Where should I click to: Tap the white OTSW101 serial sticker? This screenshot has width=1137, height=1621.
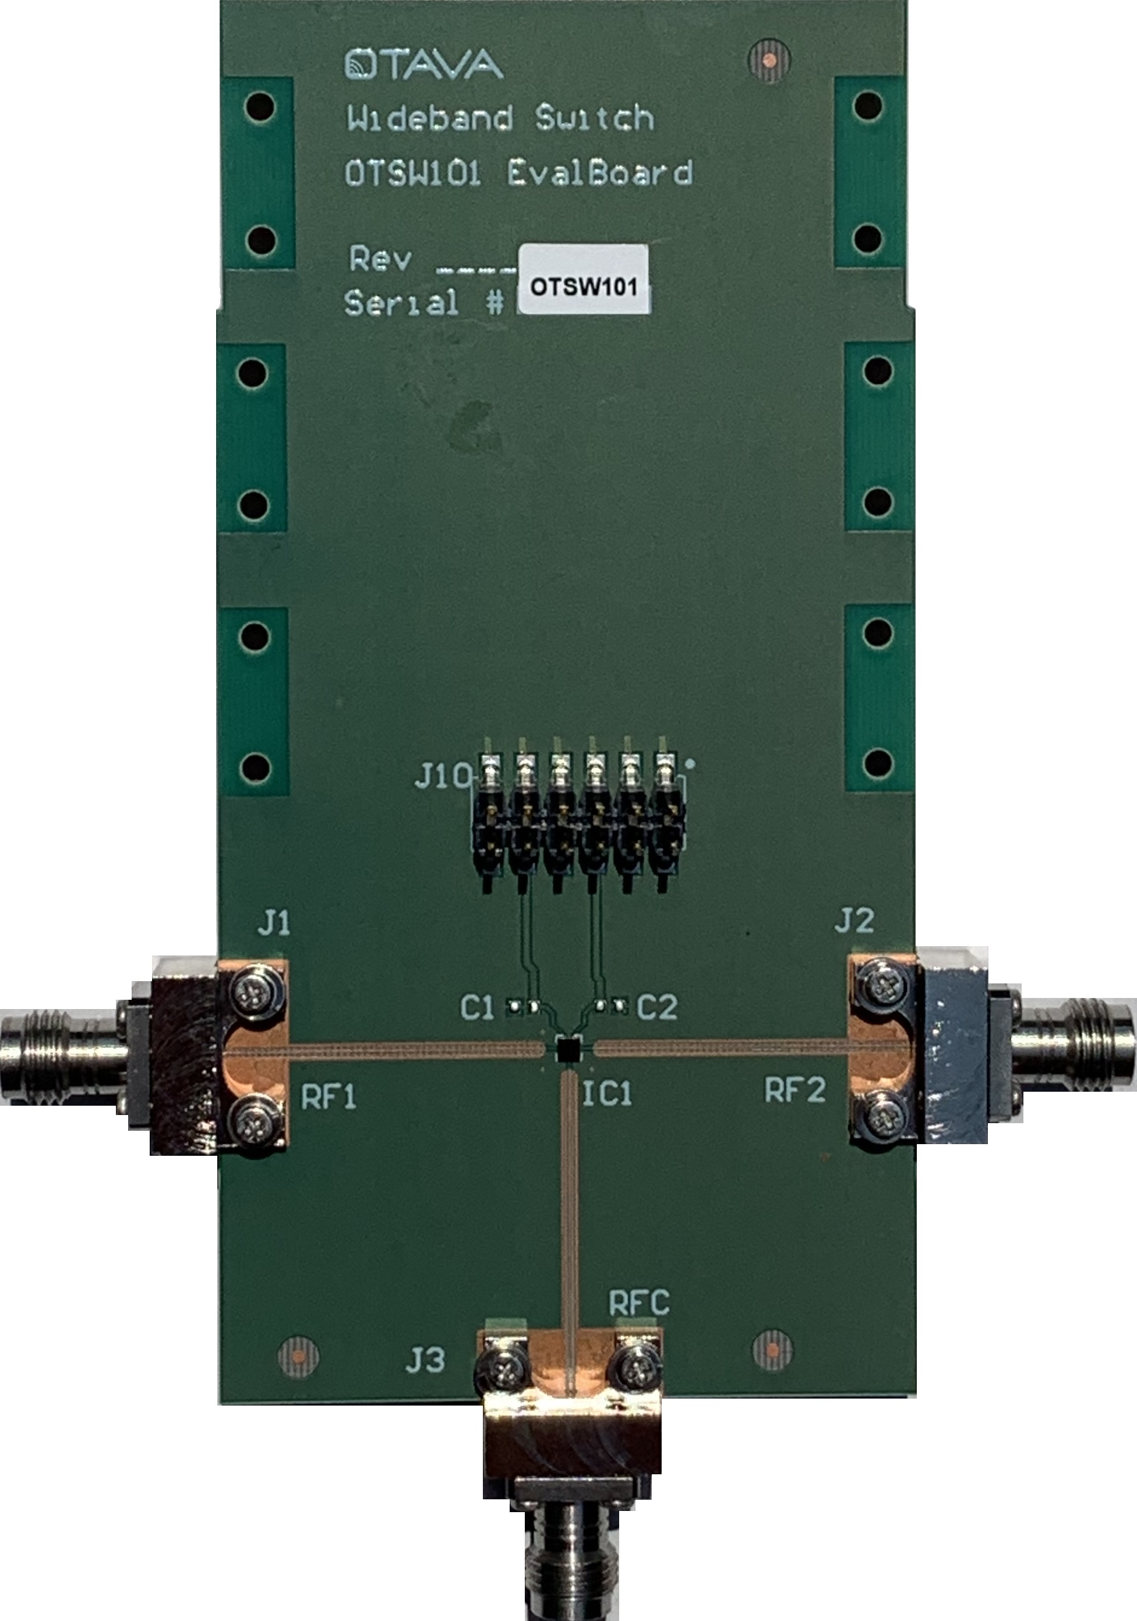tap(584, 279)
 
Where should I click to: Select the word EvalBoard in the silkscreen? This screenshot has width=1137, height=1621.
tap(599, 172)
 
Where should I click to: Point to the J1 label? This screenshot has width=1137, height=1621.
tap(273, 922)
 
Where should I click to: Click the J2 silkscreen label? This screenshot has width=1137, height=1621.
tap(854, 920)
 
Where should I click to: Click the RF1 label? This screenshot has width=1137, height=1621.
tap(329, 1096)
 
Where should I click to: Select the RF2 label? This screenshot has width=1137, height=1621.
tap(795, 1091)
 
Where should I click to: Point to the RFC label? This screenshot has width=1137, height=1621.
tap(639, 1303)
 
